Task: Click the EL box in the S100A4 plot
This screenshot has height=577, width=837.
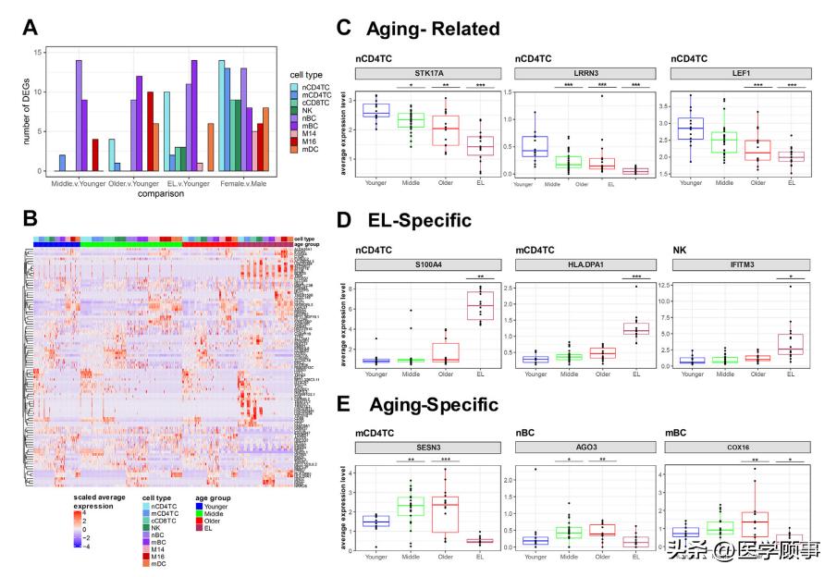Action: (x=479, y=304)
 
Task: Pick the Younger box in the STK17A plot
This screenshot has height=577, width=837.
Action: (x=375, y=110)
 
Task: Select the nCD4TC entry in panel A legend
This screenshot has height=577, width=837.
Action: (x=312, y=87)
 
